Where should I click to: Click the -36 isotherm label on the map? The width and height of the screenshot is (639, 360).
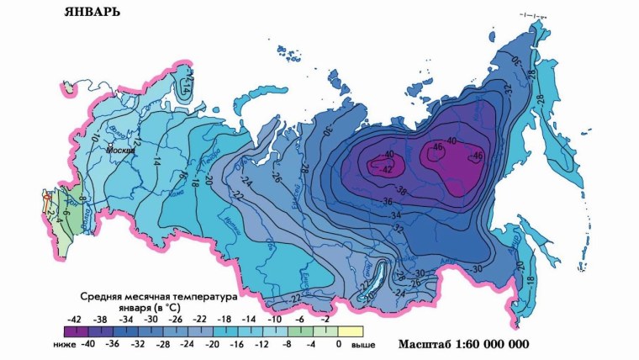(389, 202)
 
